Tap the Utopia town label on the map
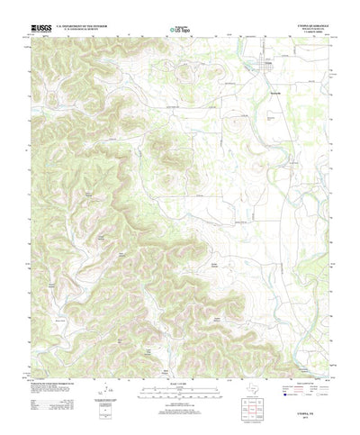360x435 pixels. tap(266, 64)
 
